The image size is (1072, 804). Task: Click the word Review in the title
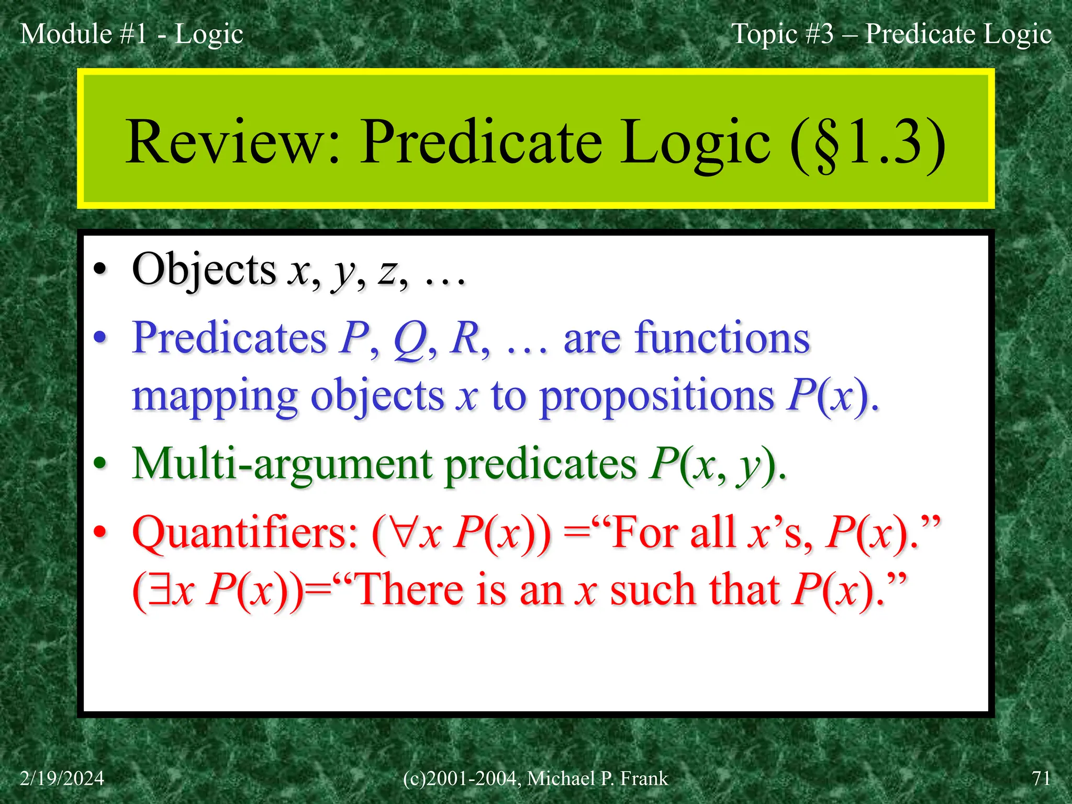232,142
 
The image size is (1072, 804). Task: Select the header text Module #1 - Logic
131,34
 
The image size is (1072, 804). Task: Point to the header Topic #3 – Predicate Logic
891,34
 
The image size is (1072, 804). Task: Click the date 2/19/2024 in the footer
62,778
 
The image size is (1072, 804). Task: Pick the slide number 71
1041,778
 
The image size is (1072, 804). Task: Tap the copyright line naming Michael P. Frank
535,778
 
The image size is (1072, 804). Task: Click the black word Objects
204,270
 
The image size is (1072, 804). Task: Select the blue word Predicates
229,338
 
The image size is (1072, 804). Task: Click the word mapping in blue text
215,397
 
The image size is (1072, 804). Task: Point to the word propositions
657,396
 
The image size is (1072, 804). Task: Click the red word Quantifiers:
245,533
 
